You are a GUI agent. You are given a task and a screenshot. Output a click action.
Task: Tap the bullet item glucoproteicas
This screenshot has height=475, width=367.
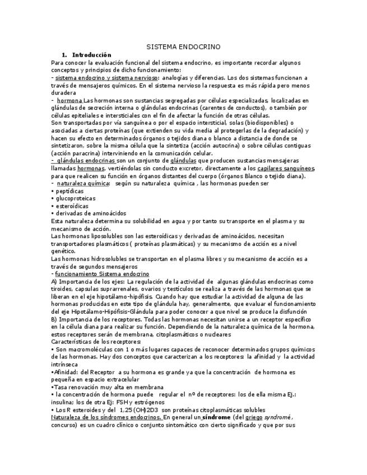pos(75,198)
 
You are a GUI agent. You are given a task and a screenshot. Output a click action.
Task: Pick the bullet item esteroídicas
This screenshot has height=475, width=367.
pos(71,206)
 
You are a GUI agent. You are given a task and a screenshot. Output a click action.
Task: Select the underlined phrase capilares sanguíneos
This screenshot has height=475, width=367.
pos(286,168)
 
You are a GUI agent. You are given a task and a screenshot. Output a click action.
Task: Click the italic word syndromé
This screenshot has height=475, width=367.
pos(277,417)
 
